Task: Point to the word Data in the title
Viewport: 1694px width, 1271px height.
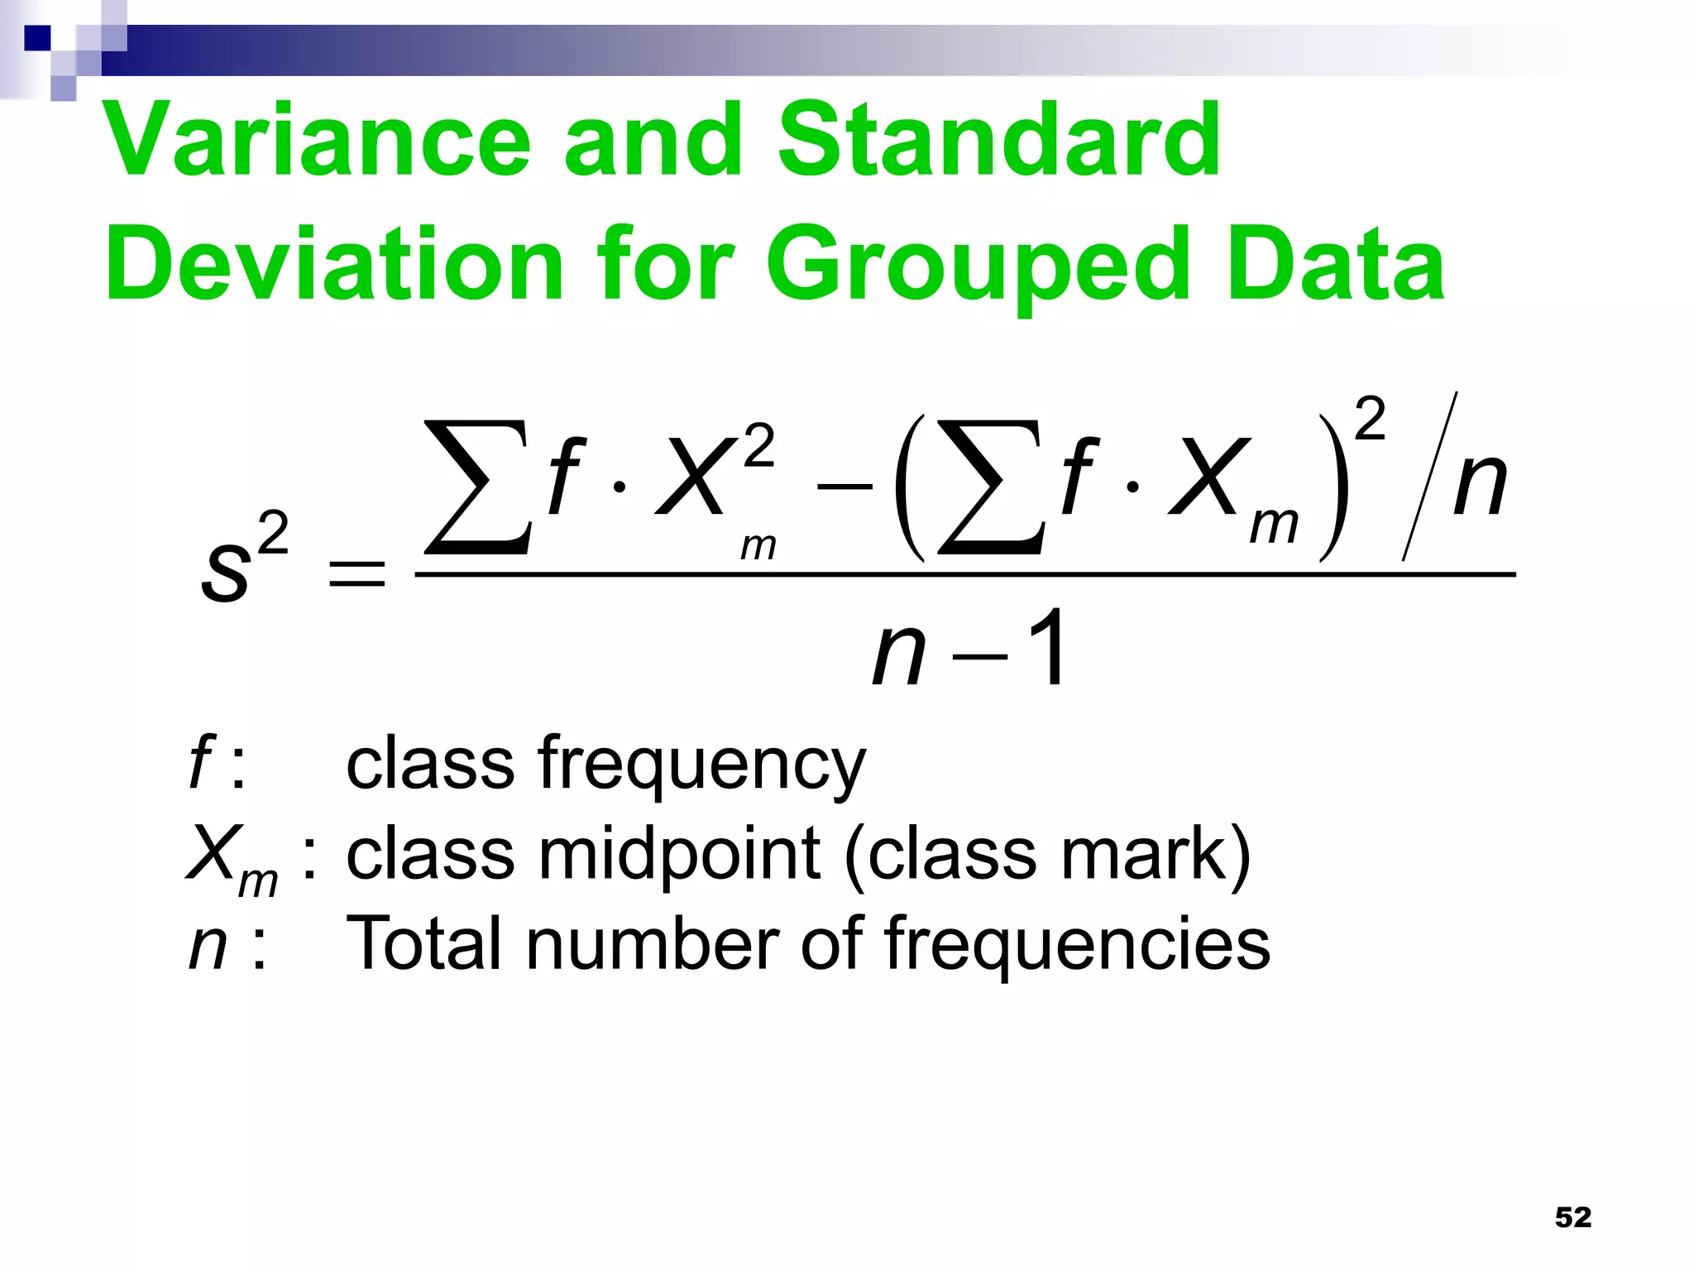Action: tap(1335, 265)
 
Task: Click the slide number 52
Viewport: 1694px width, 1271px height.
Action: tap(1572, 1217)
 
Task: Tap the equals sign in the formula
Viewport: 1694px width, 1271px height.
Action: tap(357, 573)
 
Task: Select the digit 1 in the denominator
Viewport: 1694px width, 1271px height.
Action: tap(1046, 650)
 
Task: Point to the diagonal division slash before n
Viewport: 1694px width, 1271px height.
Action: tap(1429, 477)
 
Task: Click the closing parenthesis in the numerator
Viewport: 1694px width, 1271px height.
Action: tap(1333, 488)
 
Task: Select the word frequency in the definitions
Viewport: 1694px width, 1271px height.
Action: tap(701, 765)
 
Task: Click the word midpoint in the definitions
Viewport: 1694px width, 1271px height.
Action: tap(679, 856)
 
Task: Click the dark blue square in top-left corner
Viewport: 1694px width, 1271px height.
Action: tap(37, 38)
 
